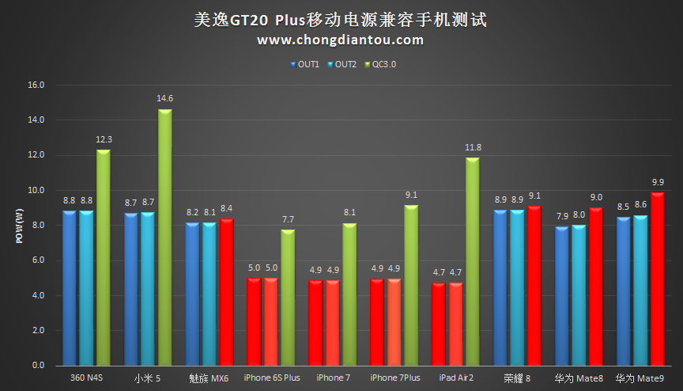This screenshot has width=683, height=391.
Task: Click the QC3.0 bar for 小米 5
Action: pyautogui.click(x=164, y=237)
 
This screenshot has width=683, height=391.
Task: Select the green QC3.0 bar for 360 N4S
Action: pyautogui.click(x=103, y=257)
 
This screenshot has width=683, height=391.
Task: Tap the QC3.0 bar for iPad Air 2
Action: pyautogui.click(x=473, y=261)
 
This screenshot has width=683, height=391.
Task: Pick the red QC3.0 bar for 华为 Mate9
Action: pyautogui.click(x=657, y=279)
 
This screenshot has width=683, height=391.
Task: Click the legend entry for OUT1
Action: pyautogui.click(x=304, y=65)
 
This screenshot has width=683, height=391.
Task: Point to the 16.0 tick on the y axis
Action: pyautogui.click(x=36, y=85)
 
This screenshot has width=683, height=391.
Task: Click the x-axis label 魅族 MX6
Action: pyautogui.click(x=209, y=378)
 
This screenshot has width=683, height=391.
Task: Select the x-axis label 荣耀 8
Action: pyautogui.click(x=519, y=378)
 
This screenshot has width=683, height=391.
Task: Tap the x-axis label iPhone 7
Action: pyautogui.click(x=333, y=378)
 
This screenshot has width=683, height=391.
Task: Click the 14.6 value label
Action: pyautogui.click(x=164, y=98)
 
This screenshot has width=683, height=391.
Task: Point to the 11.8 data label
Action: pyautogui.click(x=473, y=147)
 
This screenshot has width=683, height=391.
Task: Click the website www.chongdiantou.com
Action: pyautogui.click(x=341, y=40)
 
